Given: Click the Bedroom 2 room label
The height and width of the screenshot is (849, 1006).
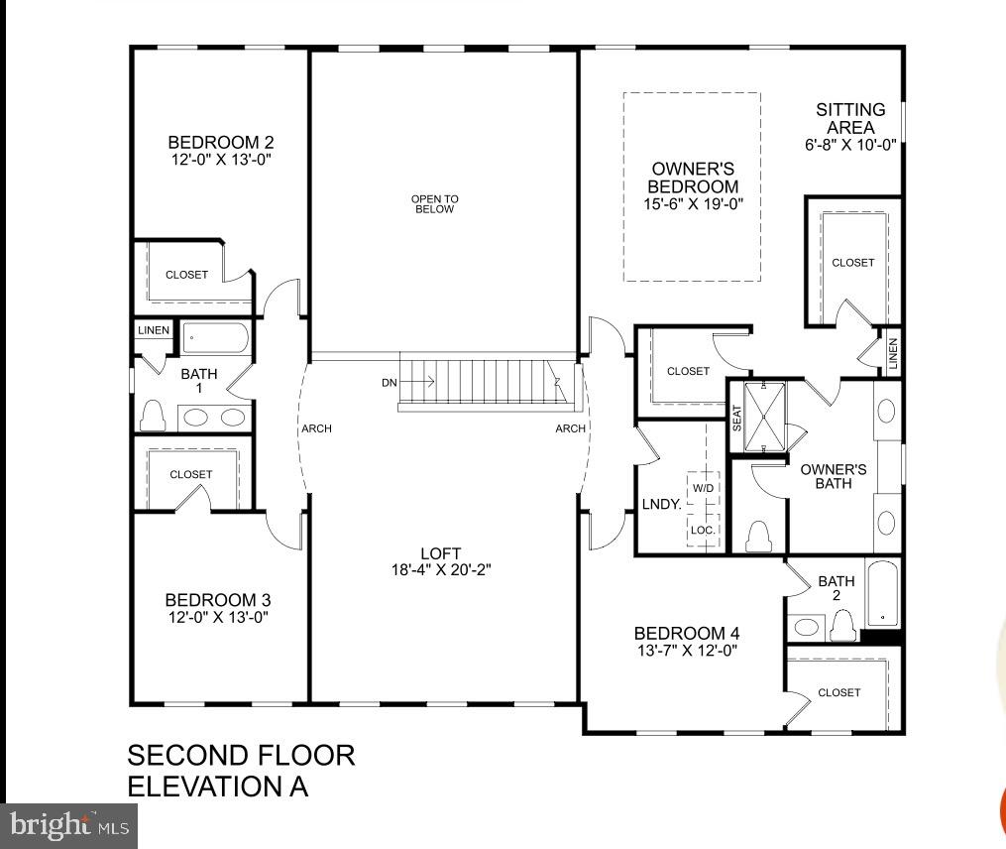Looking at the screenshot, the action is (x=221, y=142).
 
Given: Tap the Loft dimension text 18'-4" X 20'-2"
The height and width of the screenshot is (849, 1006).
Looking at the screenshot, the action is (x=441, y=569).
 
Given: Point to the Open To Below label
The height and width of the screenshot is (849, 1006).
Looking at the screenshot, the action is (x=435, y=203).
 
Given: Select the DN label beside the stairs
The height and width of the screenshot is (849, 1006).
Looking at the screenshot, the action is (x=389, y=383).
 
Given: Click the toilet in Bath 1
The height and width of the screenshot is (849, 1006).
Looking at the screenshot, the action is (x=153, y=416).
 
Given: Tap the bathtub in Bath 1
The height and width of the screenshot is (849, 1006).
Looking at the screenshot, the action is (x=216, y=338).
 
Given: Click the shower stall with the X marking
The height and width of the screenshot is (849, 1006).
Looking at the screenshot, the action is (x=764, y=417).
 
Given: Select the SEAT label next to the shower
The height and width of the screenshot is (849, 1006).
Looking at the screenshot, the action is (x=736, y=419).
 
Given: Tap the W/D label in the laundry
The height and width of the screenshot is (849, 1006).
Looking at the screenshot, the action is (x=703, y=488).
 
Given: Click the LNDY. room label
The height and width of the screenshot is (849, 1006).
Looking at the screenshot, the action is (x=661, y=504).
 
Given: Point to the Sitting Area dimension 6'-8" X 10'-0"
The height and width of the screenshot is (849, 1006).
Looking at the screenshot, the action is (x=850, y=145).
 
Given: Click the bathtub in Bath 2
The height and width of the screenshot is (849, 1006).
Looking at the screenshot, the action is (x=883, y=593).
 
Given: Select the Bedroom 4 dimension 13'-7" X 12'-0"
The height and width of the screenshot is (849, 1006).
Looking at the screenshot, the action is (x=687, y=651).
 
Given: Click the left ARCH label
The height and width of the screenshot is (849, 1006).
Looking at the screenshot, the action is (x=317, y=428).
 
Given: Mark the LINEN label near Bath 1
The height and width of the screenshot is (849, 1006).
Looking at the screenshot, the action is (x=154, y=330).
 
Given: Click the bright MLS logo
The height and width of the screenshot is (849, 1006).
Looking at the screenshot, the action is (x=68, y=826).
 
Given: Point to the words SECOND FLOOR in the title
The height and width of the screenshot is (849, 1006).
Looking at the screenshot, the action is (x=241, y=755).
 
